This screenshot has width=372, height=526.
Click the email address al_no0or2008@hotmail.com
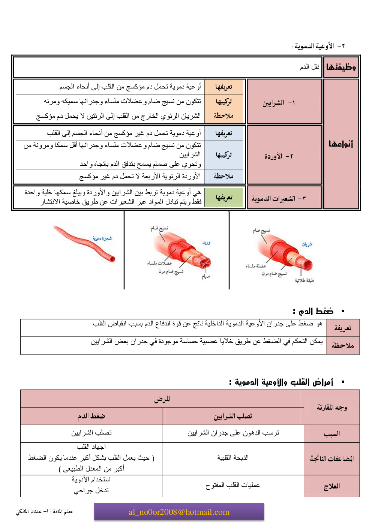(x=179, y=512)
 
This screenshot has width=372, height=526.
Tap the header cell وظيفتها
(x=341, y=67)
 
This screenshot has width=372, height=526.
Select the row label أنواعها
(x=341, y=144)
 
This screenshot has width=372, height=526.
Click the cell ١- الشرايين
(x=279, y=102)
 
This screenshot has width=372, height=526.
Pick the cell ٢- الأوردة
(x=279, y=156)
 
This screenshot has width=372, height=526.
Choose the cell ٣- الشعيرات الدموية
(x=279, y=198)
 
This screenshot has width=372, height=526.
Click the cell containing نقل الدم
(x=309, y=67)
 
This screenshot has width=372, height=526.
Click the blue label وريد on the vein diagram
(x=206, y=243)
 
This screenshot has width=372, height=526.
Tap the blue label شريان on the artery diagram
(x=307, y=244)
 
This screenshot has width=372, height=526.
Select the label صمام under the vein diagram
(x=206, y=277)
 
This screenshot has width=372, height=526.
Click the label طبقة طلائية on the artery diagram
(x=304, y=280)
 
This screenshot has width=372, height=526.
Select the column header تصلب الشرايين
(x=233, y=416)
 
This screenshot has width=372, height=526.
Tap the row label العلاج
(x=331, y=486)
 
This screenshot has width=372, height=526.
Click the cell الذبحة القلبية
(x=233, y=457)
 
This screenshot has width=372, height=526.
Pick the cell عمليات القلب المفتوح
(x=233, y=485)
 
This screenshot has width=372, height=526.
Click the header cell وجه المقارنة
(x=331, y=408)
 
